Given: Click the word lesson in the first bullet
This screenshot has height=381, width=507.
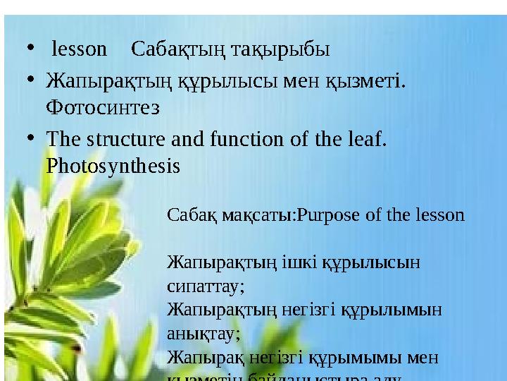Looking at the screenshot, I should point(80,49).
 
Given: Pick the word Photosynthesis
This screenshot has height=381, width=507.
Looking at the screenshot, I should point(113,166).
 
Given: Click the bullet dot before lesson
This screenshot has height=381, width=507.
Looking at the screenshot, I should point(27,49).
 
